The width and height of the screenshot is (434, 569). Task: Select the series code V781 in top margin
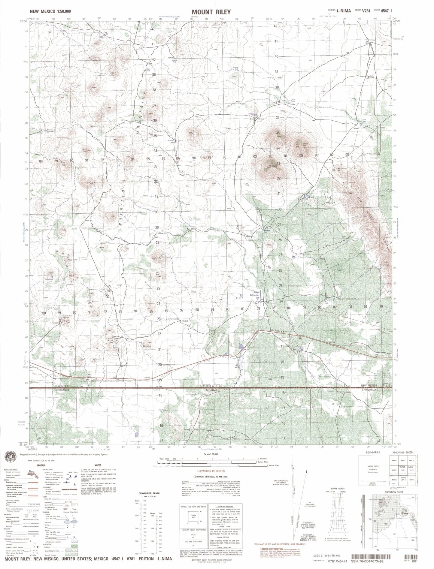pos(366,11)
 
